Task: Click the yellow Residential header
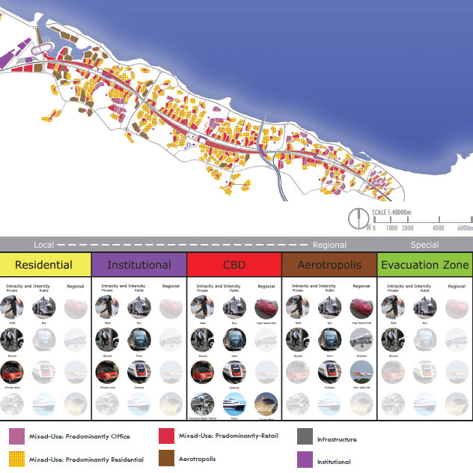click(44, 265)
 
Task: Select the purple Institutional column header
click(139, 265)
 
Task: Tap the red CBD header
click(234, 265)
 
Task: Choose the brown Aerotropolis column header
click(329, 265)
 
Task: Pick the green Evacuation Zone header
click(424, 265)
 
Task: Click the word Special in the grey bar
click(424, 245)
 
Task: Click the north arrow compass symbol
click(358, 219)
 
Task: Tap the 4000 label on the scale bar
click(439, 228)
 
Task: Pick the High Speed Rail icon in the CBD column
click(266, 308)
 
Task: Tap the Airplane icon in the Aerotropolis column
click(361, 339)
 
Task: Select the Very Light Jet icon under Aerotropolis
click(361, 371)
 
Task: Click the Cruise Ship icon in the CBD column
click(266, 403)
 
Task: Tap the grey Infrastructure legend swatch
click(305, 436)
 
